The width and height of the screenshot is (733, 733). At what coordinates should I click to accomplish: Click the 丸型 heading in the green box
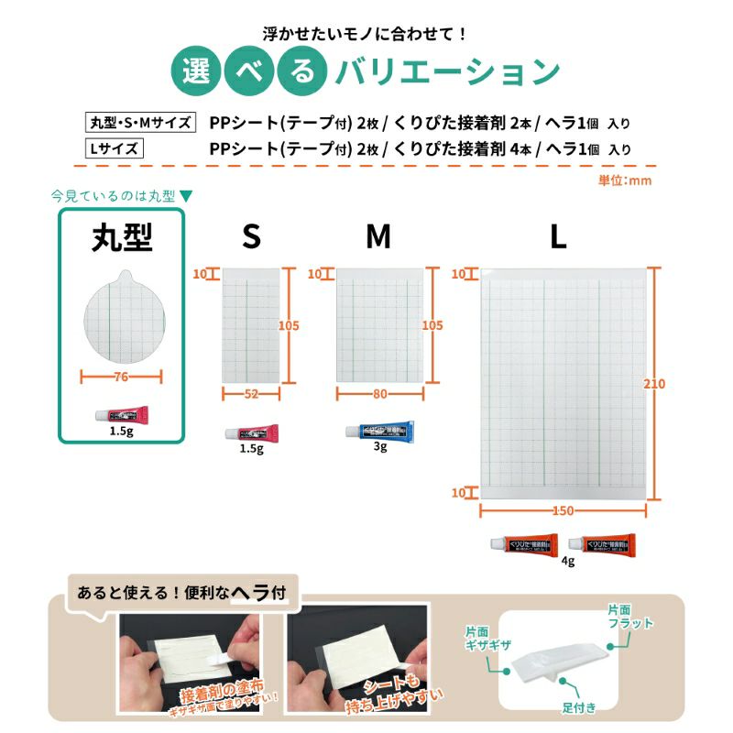tap(122, 238)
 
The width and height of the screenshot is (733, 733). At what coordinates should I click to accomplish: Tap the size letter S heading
tap(251, 237)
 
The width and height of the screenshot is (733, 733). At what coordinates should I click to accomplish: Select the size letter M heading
tap(378, 237)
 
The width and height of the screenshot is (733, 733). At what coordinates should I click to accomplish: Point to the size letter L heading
tap(558, 237)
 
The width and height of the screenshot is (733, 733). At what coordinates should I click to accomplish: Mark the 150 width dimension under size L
tap(563, 509)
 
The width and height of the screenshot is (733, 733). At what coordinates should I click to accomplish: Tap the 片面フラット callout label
tap(629, 617)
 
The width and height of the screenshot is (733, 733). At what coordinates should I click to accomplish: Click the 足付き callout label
tap(580, 707)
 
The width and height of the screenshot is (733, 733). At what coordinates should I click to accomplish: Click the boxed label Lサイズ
tap(113, 148)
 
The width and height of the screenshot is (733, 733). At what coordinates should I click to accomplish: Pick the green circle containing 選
tap(196, 71)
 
